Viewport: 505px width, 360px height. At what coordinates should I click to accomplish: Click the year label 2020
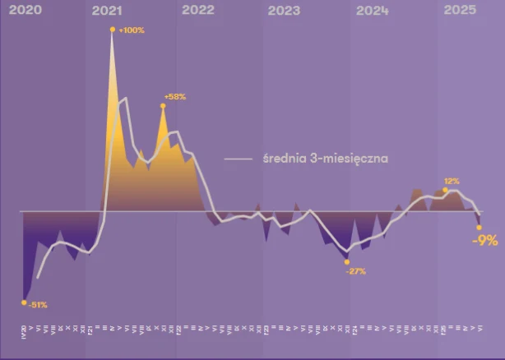click(22, 10)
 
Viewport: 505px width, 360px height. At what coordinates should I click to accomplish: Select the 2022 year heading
click(197, 10)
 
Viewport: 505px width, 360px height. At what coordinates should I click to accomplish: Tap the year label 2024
click(373, 11)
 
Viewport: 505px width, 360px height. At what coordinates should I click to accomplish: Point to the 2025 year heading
click(459, 10)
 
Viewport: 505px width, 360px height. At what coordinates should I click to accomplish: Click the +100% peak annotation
click(132, 30)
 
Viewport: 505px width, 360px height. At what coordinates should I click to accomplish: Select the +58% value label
click(175, 96)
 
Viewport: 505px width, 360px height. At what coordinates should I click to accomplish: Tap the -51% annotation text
click(38, 305)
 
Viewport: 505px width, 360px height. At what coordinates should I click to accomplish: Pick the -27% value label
click(355, 271)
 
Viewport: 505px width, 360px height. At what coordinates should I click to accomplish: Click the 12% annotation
click(452, 180)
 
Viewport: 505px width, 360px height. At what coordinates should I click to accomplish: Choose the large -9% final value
click(484, 241)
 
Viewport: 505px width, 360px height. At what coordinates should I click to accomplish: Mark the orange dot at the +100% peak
click(112, 30)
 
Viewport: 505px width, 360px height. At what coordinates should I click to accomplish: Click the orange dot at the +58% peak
click(163, 105)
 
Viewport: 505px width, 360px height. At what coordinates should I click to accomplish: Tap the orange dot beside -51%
click(24, 302)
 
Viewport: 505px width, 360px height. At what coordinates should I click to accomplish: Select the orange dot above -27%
click(346, 261)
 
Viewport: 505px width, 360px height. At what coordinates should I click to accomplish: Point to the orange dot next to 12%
click(445, 190)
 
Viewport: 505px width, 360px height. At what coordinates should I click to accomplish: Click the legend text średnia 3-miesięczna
click(326, 158)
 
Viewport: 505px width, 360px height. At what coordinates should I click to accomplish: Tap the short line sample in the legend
click(239, 159)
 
